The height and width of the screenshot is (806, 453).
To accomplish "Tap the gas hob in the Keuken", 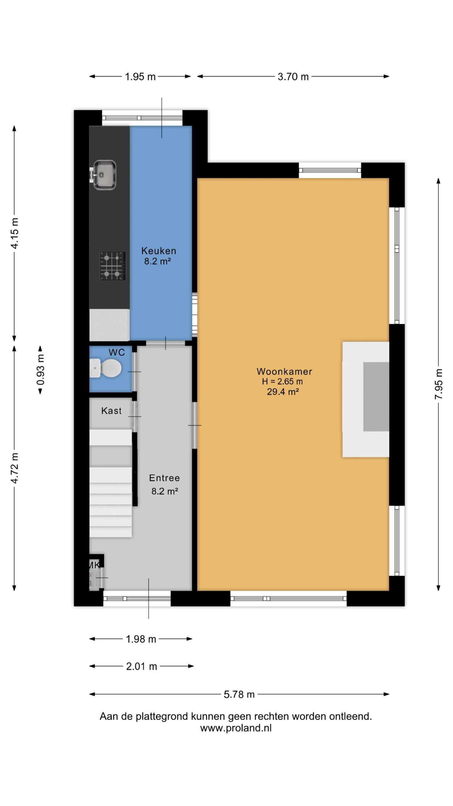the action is pos(113,266).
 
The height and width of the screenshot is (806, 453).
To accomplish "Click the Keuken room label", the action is pos(159,251).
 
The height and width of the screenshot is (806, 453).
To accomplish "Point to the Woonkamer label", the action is pos(284,371).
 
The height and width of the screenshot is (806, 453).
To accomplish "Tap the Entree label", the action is pos(164,478).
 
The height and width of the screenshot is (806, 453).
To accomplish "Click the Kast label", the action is pos(111,411).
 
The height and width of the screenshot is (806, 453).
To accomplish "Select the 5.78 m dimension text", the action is pos(239,695).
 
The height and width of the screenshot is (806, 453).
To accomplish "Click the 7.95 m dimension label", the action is pos(439,384).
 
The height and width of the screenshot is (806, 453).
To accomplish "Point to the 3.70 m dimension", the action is pos(293,77).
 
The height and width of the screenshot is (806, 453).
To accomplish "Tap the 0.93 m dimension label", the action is pos(40,370).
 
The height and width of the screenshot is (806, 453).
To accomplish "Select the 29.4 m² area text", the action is pos(283,392).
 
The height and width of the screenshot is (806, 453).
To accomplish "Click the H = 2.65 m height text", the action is pos(282,382).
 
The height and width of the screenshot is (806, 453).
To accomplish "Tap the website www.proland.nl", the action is pos(236,728).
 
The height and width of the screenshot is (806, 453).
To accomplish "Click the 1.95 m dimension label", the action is pos(140,77).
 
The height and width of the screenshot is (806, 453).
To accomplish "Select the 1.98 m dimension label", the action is pos(141,639).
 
